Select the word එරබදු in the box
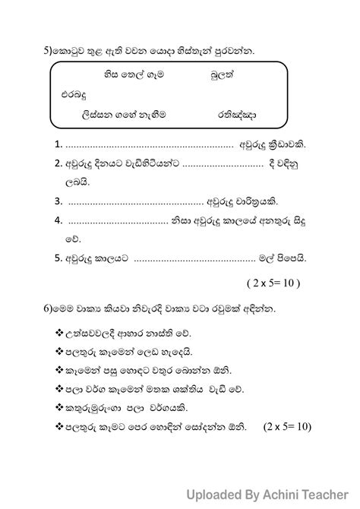75,95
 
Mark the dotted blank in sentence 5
202,258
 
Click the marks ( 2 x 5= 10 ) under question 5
273,283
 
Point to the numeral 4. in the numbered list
58,220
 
